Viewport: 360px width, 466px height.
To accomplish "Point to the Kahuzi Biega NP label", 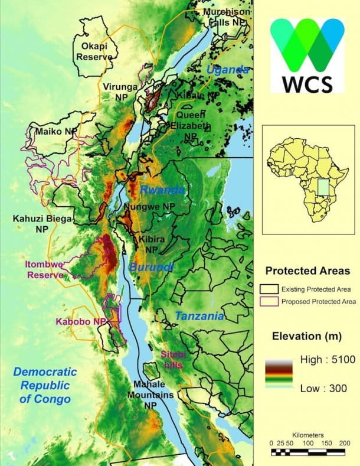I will pyautogui.click(x=41, y=223).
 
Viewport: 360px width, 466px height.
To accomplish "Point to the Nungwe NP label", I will pyautogui.click(x=150, y=207).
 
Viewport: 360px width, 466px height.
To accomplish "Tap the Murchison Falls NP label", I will pyautogui.click(x=227, y=16).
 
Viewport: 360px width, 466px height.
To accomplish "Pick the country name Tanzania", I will pyautogui.click(x=199, y=316).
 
